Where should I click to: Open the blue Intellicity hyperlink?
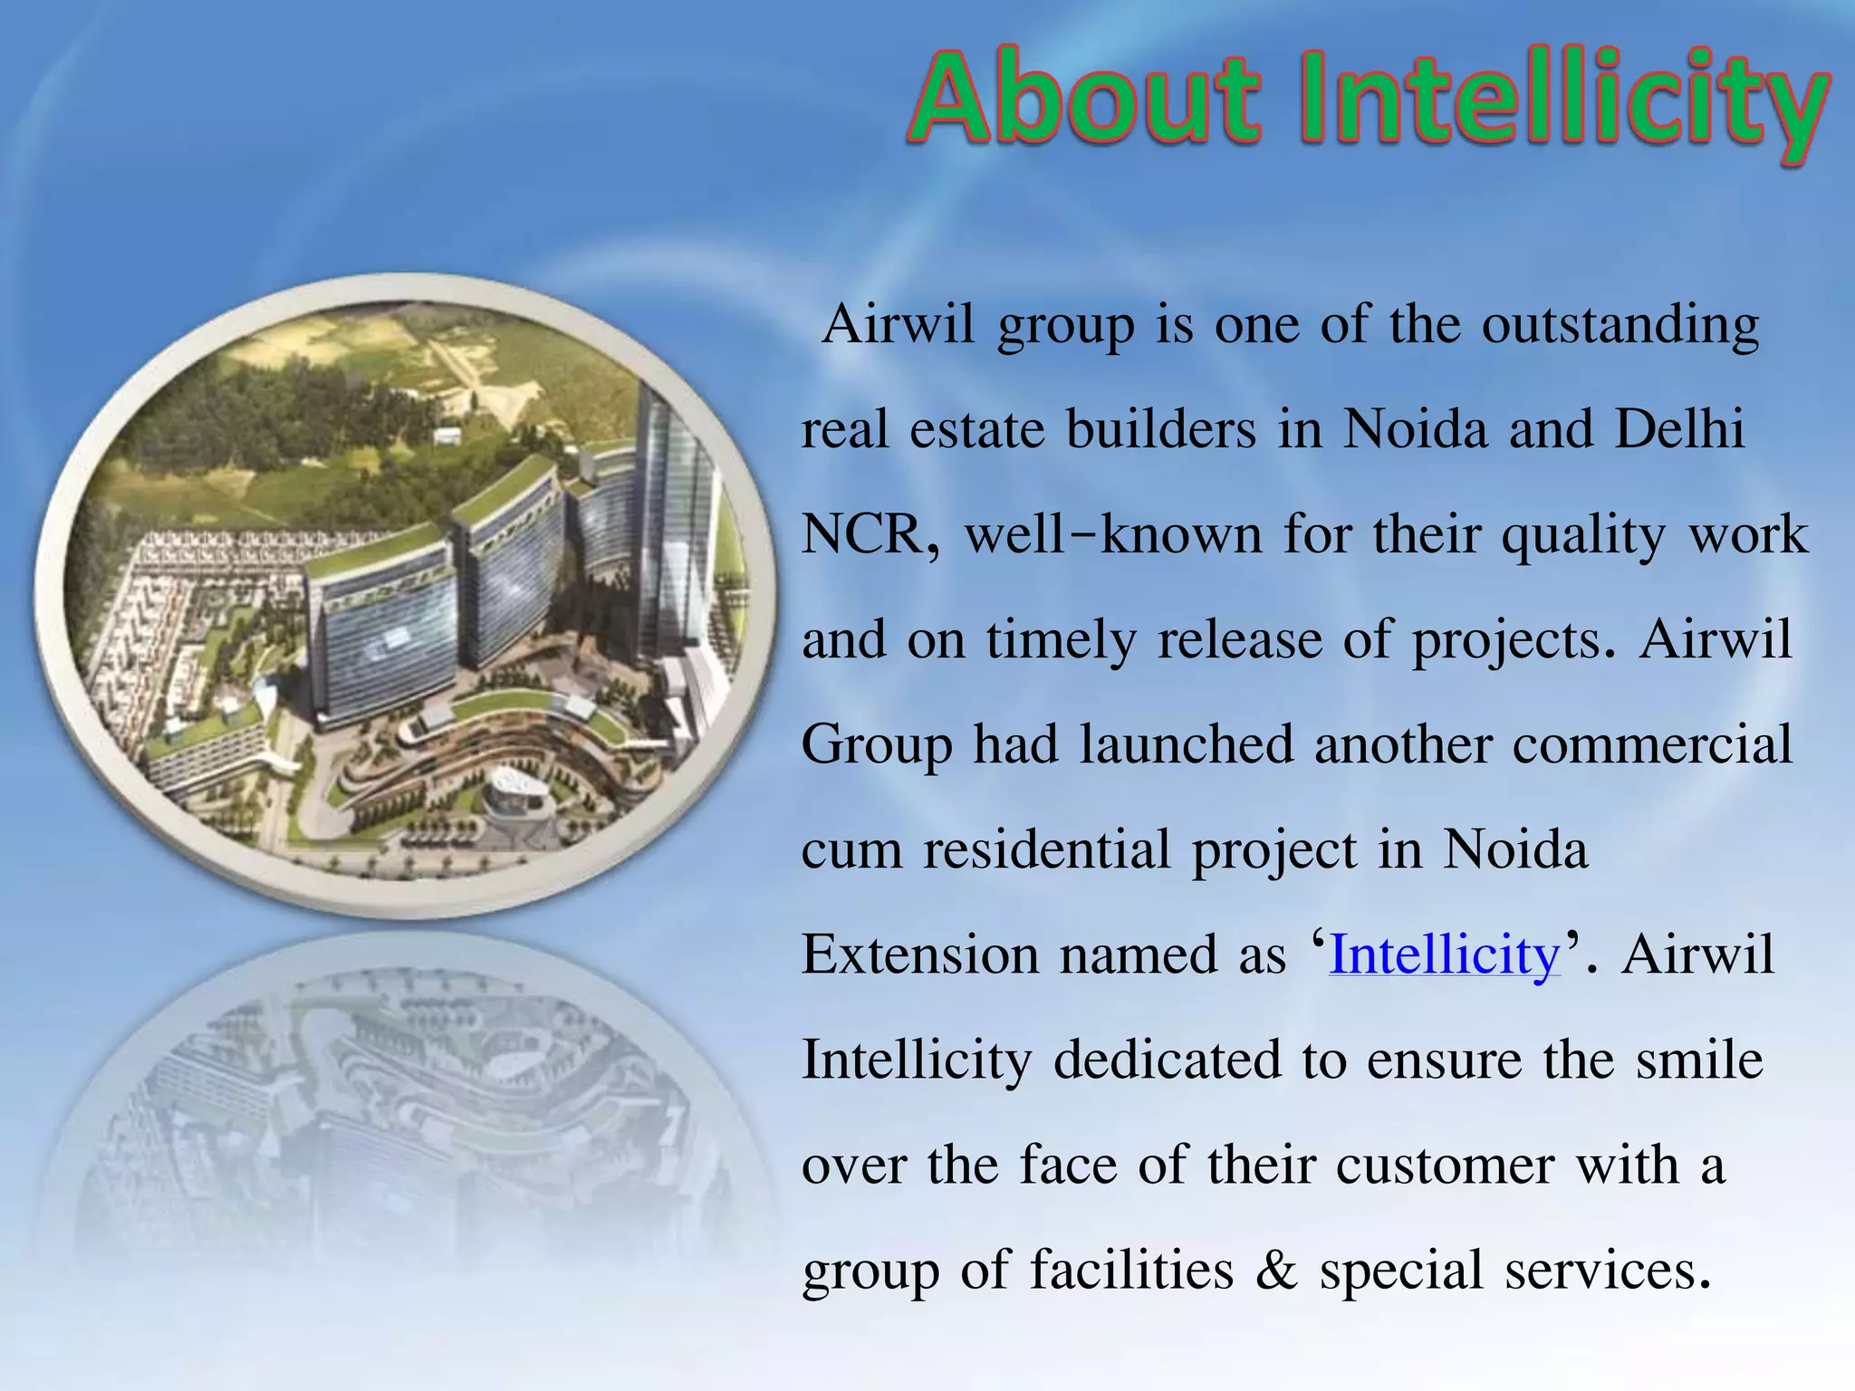click(x=1445, y=955)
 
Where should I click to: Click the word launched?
click(x=1186, y=744)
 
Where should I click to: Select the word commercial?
click(x=1652, y=744)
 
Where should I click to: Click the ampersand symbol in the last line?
click(x=1276, y=1271)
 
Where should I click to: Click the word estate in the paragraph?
click(x=976, y=429)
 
